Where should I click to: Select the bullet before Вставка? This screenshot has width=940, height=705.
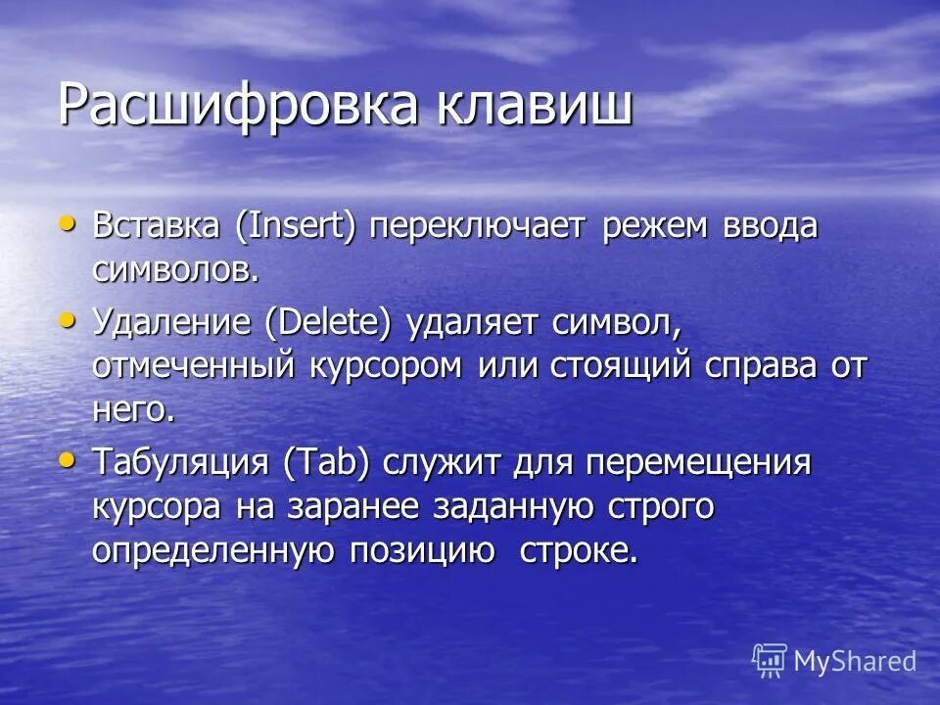click(68, 223)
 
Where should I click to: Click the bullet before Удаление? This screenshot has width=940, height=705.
click(68, 319)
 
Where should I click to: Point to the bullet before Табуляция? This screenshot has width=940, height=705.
click(68, 458)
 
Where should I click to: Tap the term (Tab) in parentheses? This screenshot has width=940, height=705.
click(328, 461)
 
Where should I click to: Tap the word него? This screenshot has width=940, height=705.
click(133, 409)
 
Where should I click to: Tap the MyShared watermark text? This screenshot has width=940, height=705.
click(855, 662)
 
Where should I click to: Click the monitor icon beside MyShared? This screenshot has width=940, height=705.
click(770, 661)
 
